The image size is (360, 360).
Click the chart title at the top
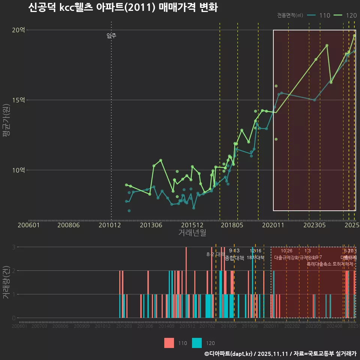[x=123, y=7]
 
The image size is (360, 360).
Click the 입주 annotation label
[x=111, y=36]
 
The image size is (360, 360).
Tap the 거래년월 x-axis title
[x=192, y=233]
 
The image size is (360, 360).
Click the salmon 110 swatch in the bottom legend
[x=169, y=343]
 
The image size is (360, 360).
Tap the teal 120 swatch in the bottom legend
[x=197, y=343]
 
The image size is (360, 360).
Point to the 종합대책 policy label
[x=234, y=258]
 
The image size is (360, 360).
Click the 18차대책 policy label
[x=256, y=258]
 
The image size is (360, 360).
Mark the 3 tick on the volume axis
[x=14, y=247]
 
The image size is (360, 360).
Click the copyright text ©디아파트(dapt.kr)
[x=229, y=354]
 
